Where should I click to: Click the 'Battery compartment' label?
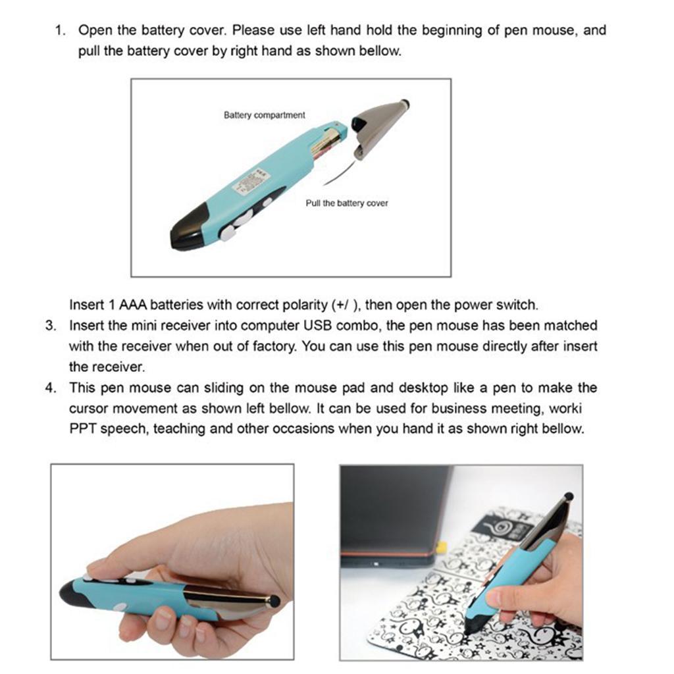coord(264,115)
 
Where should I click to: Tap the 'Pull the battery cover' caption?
coord(346,203)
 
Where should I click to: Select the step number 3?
coord(49,326)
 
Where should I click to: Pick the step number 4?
coord(49,388)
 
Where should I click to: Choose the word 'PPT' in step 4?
coord(82,429)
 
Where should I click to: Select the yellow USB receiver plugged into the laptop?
coord(441,547)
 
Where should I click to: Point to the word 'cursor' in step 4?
coord(89,409)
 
